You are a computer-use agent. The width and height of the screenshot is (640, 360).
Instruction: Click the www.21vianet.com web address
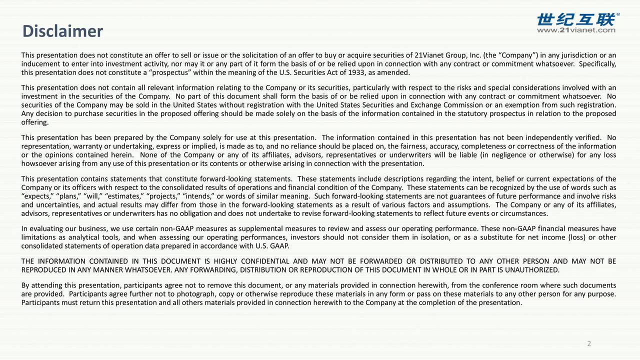(x=576, y=30)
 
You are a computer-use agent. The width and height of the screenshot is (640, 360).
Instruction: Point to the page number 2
(x=589, y=343)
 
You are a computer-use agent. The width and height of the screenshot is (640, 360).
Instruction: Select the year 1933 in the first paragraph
(x=359, y=72)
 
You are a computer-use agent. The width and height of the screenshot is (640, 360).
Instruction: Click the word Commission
(x=459, y=105)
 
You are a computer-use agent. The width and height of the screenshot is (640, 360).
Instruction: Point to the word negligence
(x=507, y=155)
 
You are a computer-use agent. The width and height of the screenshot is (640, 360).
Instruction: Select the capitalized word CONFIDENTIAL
(x=265, y=262)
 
